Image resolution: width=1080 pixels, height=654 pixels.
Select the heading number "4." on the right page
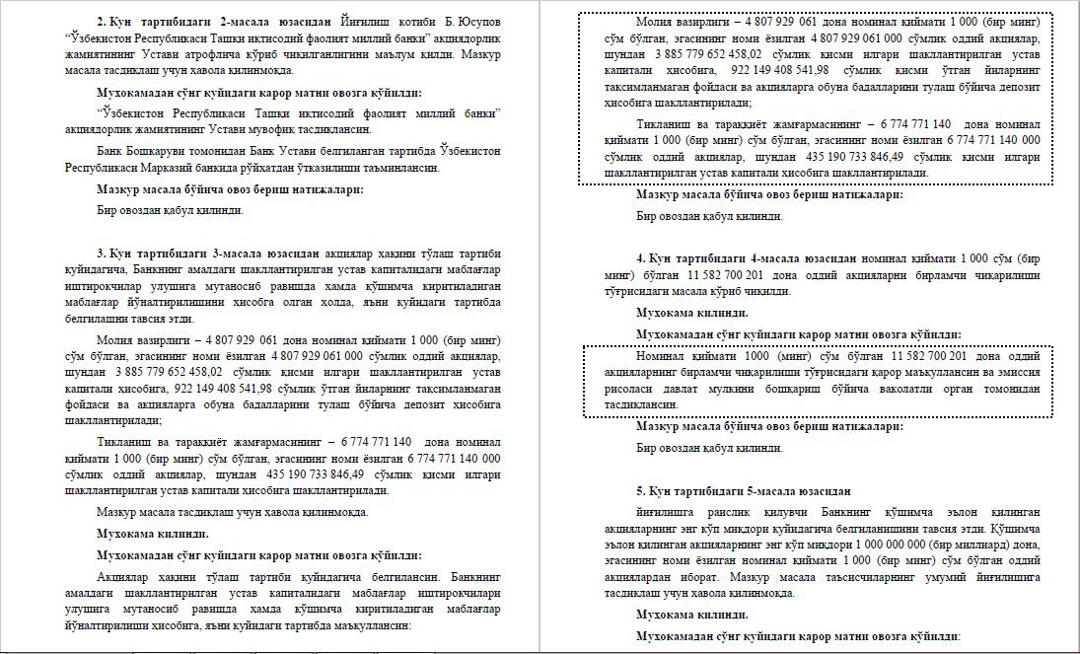pyautogui.click(x=641, y=257)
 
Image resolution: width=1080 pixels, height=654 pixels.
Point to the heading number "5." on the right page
pyautogui.click(x=641, y=490)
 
